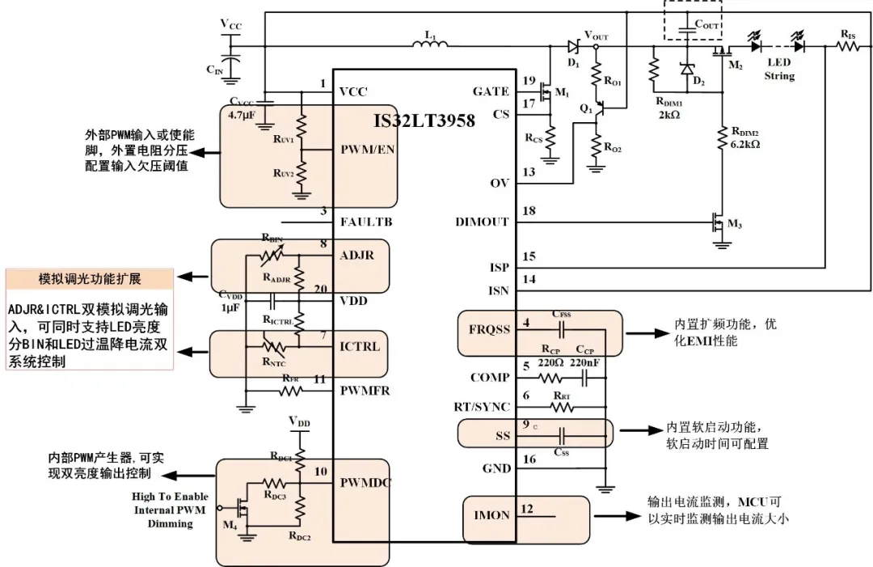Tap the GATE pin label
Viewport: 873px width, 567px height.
pyautogui.click(x=491, y=91)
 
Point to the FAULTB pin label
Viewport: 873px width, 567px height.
pyautogui.click(x=369, y=222)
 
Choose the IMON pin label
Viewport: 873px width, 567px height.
pyautogui.click(x=491, y=515)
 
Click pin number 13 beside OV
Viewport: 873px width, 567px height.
pyautogui.click(x=529, y=172)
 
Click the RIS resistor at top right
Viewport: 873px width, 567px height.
pyautogui.click(x=848, y=46)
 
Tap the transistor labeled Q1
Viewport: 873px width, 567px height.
pyautogui.click(x=597, y=115)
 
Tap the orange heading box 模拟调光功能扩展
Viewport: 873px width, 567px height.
pyautogui.click(x=90, y=279)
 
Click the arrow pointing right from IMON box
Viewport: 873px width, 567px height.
pyautogui.click(x=615, y=514)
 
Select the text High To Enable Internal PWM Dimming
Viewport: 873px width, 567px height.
pyautogui.click(x=171, y=510)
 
